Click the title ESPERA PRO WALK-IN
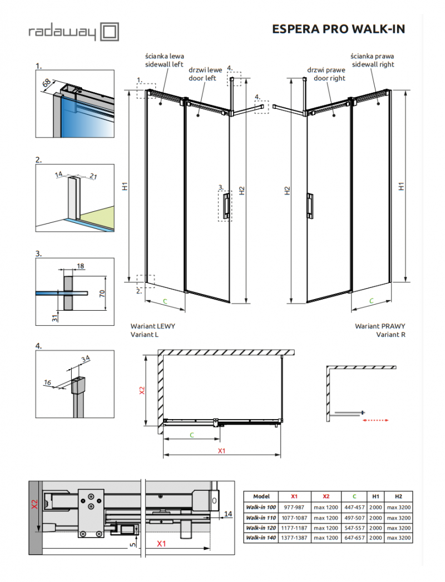338,29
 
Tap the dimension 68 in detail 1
47,83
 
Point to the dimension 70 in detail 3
102,293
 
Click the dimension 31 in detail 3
54,318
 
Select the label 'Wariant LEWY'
152,326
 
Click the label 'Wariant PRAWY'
380,326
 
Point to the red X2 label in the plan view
142,391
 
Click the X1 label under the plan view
221,450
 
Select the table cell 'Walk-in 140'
261,538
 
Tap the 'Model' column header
261,496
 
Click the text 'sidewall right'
372,64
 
